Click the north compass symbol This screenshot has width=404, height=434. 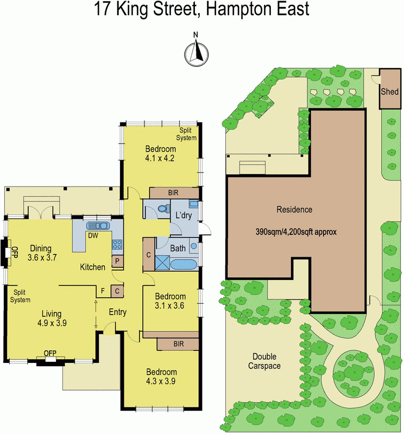tap(197, 52)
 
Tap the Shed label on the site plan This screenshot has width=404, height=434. tap(389, 91)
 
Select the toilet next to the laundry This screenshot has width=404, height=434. tap(161, 208)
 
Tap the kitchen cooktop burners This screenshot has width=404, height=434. tap(117, 245)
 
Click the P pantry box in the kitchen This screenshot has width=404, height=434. tap(117, 261)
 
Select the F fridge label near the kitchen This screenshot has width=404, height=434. tap(103, 291)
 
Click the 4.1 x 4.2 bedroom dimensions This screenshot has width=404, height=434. tap(160, 158)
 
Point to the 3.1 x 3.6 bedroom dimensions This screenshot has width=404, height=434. tap(170, 305)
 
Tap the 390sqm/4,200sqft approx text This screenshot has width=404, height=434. tap(296, 231)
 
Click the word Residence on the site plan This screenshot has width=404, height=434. tap(294, 209)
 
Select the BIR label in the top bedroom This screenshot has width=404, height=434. tap(174, 193)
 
